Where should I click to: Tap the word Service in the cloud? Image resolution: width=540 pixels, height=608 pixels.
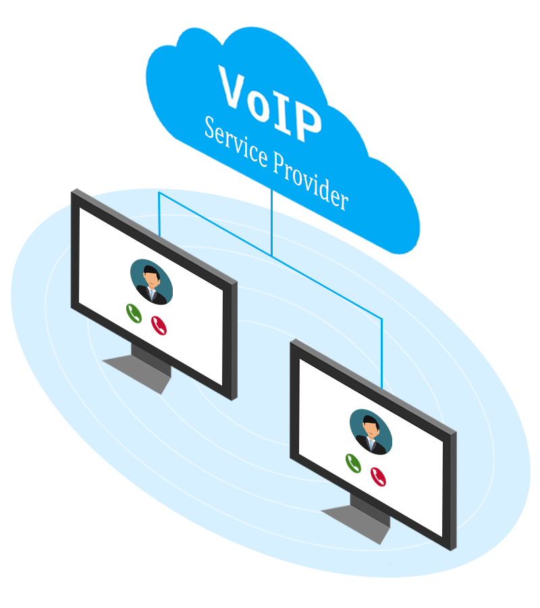click(236, 142)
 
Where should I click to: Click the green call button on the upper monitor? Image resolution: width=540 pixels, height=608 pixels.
click(134, 313)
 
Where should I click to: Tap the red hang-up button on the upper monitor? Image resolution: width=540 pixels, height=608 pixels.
click(159, 326)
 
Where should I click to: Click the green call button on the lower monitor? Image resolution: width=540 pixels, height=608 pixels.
click(353, 463)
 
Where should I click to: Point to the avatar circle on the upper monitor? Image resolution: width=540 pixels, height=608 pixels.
click(151, 281)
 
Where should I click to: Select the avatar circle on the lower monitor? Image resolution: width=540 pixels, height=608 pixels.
click(371, 431)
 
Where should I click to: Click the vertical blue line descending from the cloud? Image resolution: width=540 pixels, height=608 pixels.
click(271, 223)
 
